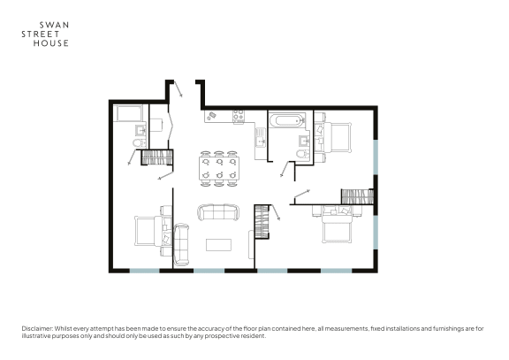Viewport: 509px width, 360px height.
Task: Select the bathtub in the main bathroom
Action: pos(285,119)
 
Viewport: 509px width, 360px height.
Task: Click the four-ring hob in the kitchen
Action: pos(238,115)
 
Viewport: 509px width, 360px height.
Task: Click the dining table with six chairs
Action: pos(218,168)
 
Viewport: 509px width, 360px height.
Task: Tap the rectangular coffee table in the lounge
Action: pos(218,243)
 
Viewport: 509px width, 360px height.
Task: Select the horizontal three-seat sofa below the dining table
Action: pos(217,212)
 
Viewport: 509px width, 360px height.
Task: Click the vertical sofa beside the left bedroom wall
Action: pos(183,244)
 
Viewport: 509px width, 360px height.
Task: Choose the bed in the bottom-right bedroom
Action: pos(338,226)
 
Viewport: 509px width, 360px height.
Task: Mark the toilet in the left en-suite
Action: pos(139,143)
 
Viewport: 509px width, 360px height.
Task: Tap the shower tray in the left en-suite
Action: pos(129,116)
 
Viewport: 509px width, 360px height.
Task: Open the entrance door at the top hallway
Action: pos(178,89)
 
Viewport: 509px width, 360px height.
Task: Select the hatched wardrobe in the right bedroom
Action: pos(357,196)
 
